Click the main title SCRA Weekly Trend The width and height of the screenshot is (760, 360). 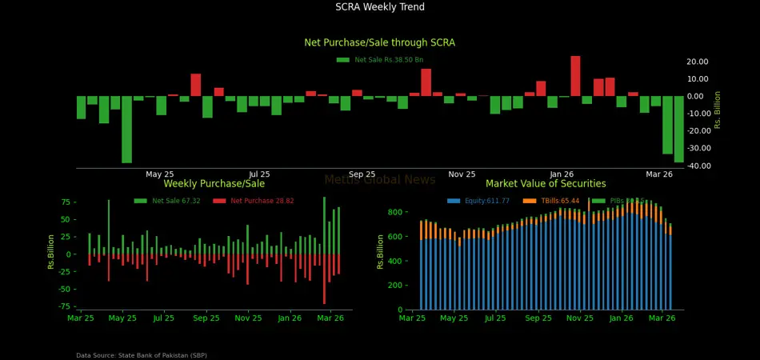[380, 7]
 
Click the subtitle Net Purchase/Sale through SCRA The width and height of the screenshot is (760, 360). [380, 42]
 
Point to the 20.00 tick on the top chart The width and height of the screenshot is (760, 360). [697, 62]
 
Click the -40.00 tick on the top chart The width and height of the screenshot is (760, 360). [696, 166]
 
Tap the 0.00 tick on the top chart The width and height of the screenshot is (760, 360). [699, 96]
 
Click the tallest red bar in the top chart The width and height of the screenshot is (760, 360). [575, 76]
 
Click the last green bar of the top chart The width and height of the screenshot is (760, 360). [679, 129]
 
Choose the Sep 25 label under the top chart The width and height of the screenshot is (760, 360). [362, 174]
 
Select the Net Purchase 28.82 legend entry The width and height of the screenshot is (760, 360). [262, 202]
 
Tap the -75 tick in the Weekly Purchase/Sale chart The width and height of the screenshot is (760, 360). [66, 306]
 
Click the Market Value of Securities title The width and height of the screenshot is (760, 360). [546, 184]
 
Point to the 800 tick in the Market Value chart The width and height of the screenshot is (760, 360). [394, 212]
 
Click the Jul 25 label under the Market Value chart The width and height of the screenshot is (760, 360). [495, 318]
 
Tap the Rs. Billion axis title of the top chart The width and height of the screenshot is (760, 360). [718, 110]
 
